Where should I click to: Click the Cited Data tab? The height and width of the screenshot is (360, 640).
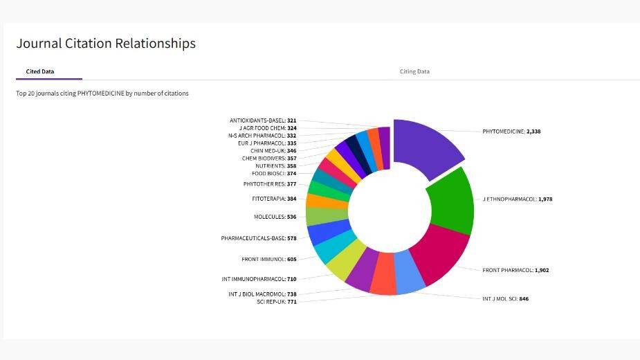click(40, 71)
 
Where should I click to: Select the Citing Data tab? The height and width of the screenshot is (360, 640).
click(414, 71)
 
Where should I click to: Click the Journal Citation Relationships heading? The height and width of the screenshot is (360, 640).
click(106, 44)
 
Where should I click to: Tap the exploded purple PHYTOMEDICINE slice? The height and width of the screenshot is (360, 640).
click(426, 145)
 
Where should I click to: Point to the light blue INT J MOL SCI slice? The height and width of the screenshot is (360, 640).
click(410, 272)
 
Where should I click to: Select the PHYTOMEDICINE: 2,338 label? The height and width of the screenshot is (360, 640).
click(511, 132)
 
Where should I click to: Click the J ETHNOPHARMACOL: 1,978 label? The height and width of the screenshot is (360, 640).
click(517, 199)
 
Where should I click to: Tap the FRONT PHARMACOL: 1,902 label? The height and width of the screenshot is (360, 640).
click(515, 270)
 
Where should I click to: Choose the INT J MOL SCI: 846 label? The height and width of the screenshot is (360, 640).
click(505, 298)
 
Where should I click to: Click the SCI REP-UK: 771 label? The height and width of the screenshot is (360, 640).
click(277, 302)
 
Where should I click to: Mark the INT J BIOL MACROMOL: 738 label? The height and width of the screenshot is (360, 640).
click(262, 294)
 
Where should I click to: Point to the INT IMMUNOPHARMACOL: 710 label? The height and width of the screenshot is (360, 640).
click(259, 279)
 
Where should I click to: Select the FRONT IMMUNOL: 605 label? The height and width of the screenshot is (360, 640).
click(269, 260)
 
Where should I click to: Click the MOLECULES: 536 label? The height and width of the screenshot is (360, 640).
click(275, 217)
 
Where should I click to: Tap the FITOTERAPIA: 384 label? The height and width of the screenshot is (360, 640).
click(274, 199)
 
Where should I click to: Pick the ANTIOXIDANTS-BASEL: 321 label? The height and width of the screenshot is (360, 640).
click(263, 120)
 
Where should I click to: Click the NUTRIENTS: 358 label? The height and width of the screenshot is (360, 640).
click(276, 166)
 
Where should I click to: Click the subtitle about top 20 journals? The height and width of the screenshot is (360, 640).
click(102, 93)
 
